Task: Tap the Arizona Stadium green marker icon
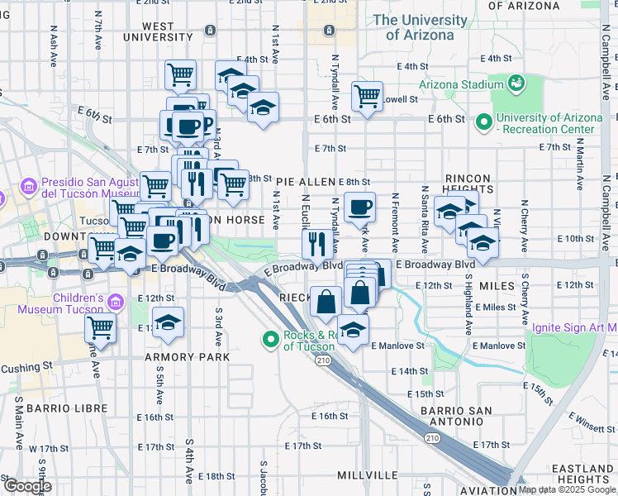pyautogui.click(x=516, y=83)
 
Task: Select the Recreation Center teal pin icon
pyautogui.click(x=484, y=123)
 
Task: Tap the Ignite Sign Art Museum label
pyautogui.click(x=574, y=327)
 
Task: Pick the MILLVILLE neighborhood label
pyautogui.click(x=368, y=475)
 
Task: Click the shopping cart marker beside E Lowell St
pyautogui.click(x=367, y=95)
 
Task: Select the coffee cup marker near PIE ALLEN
pyautogui.click(x=360, y=207)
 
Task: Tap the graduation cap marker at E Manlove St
pyautogui.click(x=353, y=329)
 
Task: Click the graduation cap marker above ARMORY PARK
pyautogui.click(x=169, y=323)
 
